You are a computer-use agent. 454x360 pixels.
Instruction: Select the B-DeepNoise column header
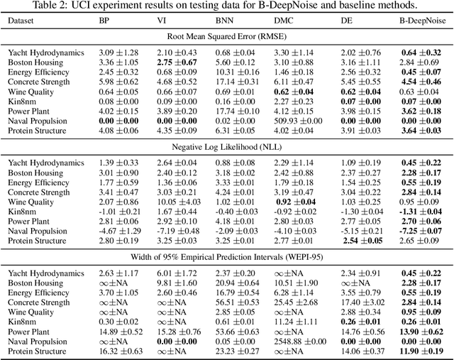point(422,21)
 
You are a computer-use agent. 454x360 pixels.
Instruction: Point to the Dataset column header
point(23,21)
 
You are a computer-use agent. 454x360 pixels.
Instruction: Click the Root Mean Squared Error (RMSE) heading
point(226,37)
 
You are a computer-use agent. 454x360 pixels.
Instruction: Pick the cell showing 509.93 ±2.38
point(294,121)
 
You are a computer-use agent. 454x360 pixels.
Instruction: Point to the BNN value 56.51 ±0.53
point(231,301)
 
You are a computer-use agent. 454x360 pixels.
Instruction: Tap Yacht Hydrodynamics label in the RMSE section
point(46,53)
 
